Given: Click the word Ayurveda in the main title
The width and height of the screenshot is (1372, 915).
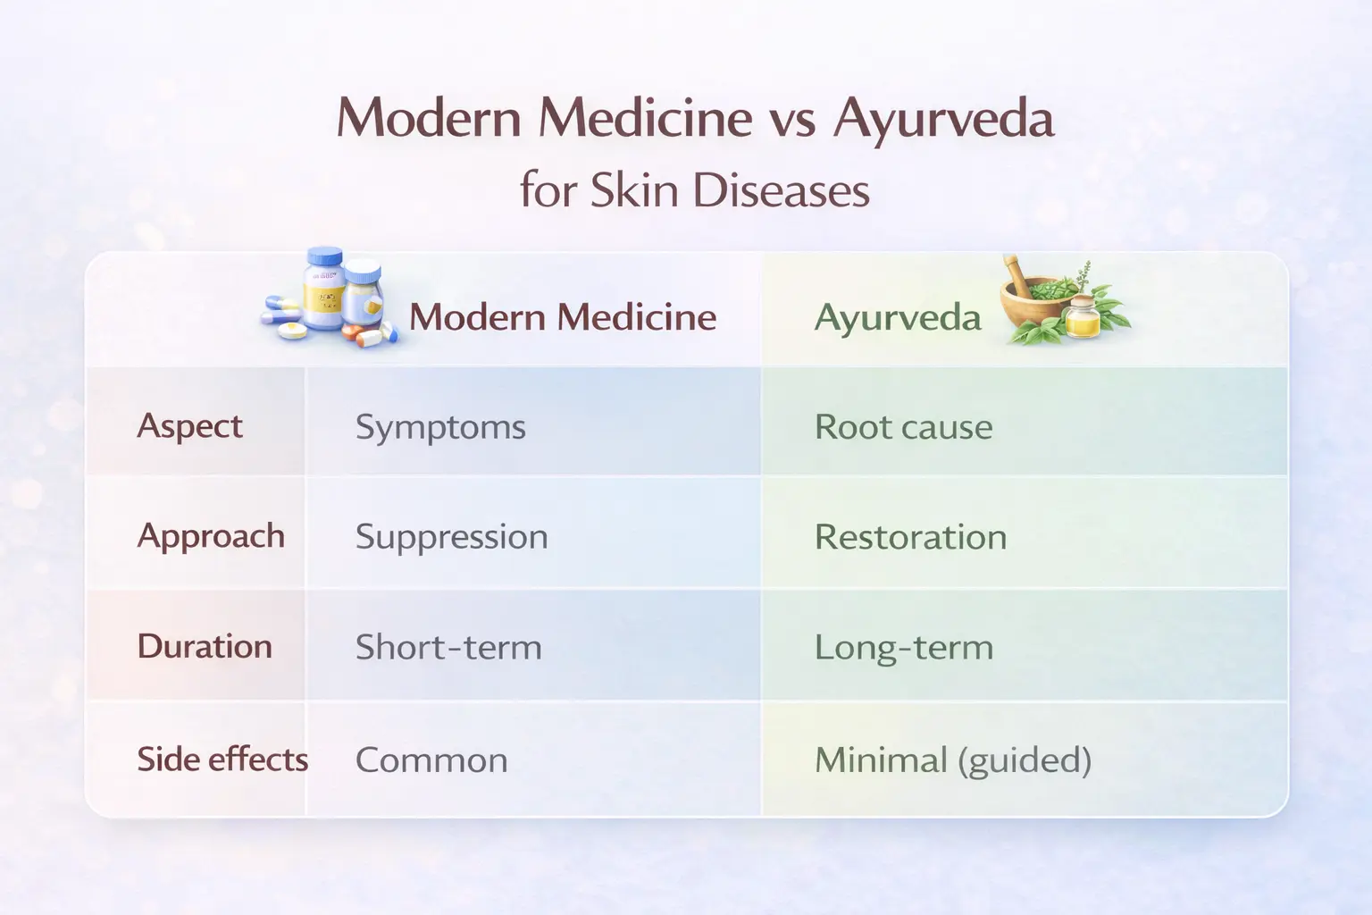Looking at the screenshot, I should point(943,120).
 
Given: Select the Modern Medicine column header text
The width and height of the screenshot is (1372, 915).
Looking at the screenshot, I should point(563,317).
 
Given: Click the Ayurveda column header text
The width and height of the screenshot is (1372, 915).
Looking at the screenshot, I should point(897,318).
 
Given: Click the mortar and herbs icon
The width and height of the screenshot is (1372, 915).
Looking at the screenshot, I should point(1063,304).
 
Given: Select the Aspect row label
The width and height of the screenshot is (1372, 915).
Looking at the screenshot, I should point(189,426).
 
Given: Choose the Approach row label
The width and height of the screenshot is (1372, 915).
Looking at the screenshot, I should point(211,536).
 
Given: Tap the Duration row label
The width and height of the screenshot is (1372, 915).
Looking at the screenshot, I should point(205,646).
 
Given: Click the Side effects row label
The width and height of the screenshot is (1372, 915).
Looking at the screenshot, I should point(222,760).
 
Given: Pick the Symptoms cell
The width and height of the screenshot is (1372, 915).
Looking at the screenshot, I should point(440,427).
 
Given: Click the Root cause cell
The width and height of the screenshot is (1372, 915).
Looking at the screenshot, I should point(903,427).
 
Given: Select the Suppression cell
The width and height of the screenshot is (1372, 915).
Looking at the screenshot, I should point(451,537).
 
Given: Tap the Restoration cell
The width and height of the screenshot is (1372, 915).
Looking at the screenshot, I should point(910,537).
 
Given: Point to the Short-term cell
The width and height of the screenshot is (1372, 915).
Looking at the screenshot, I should point(448,647).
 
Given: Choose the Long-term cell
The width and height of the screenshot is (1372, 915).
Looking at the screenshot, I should point(903,647).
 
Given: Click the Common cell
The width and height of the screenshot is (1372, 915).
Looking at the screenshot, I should point(431,760).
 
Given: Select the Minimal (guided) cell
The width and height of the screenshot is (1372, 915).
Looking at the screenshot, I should point(952,760).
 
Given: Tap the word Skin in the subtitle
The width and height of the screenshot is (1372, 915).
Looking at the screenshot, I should point(635,190).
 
